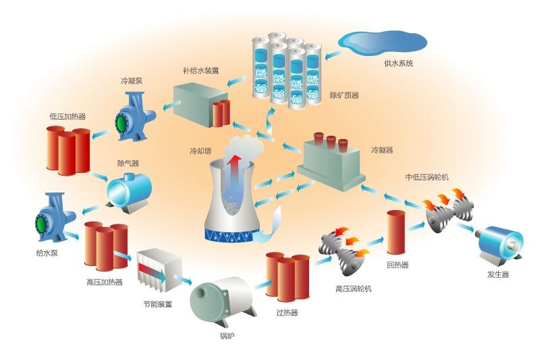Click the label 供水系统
(399, 63)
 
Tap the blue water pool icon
(383, 42)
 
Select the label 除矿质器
(343, 95)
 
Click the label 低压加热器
(67, 115)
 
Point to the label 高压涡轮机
(354, 288)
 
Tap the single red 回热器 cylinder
(395, 233)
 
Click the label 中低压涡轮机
(427, 177)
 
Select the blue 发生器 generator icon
(499, 244)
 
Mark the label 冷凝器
(382, 150)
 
